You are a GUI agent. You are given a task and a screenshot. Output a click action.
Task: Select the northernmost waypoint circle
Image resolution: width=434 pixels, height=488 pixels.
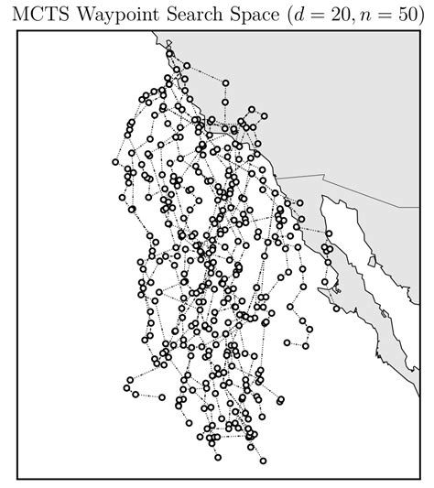170,52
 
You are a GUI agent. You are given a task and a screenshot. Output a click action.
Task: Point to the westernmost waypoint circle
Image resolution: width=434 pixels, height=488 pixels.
115,162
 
